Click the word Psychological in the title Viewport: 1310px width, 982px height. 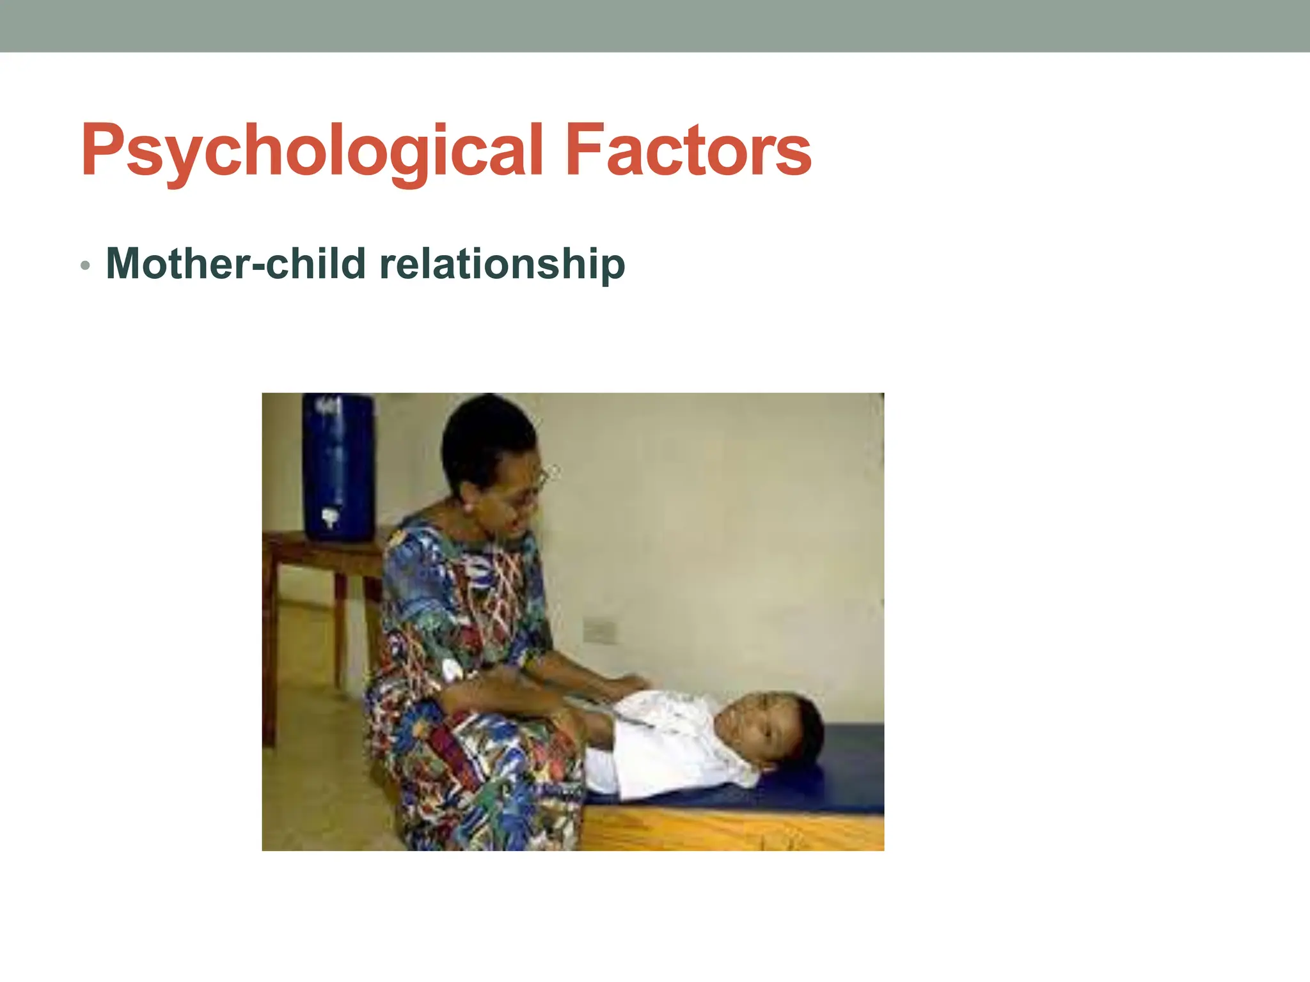(312, 151)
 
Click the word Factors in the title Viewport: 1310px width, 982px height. (688, 151)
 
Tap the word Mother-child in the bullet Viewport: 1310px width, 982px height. (236, 263)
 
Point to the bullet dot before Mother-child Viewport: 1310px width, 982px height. (85, 265)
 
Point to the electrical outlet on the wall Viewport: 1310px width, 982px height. (599, 631)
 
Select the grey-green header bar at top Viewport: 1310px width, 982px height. (655, 26)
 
